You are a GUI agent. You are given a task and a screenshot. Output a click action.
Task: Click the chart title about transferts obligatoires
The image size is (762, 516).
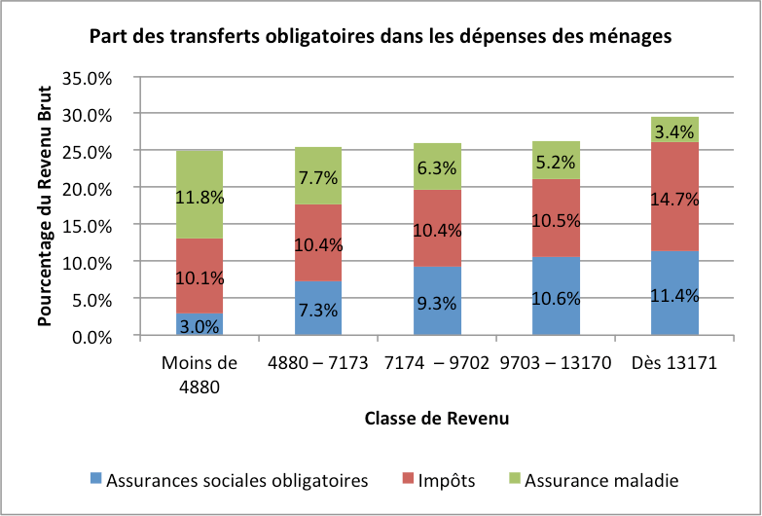click(x=381, y=38)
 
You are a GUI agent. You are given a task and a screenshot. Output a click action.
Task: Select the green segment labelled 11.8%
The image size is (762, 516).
click(x=200, y=195)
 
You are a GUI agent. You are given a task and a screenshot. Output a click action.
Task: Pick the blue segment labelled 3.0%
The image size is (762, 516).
click(x=200, y=324)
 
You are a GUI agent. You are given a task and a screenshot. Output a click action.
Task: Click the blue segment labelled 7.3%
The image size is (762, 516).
click(x=318, y=309)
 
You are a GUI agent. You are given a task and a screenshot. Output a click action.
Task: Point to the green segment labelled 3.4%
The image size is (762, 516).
click(x=674, y=129)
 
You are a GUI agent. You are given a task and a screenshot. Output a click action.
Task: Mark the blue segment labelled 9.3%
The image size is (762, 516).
click(x=437, y=301)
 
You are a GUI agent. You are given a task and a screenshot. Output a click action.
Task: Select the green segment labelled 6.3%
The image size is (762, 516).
click(x=437, y=166)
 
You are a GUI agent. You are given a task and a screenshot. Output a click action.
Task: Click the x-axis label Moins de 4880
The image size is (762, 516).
click(x=200, y=374)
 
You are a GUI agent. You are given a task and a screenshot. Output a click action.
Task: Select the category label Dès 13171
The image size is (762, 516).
click(x=674, y=365)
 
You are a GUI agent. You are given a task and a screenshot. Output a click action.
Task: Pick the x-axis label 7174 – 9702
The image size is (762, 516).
click(x=437, y=365)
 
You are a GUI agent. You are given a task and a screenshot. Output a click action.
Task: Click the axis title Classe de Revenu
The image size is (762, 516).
click(x=437, y=419)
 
